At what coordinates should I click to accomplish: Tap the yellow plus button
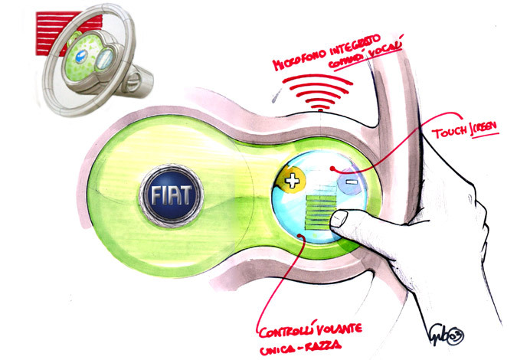pyautogui.click(x=293, y=182)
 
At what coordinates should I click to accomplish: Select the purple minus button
pyautogui.click(x=349, y=183)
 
